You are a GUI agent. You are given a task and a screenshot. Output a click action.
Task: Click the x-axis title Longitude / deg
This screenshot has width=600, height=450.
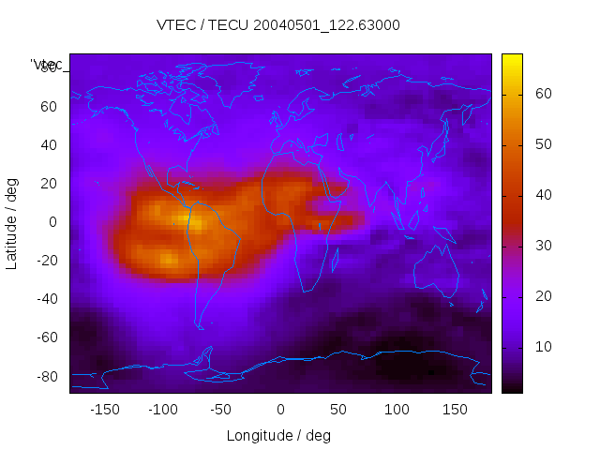click(278, 435)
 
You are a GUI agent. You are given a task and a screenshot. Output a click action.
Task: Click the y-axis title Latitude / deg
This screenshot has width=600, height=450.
click(12, 223)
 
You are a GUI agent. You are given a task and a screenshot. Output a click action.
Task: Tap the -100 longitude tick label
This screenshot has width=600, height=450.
click(162, 410)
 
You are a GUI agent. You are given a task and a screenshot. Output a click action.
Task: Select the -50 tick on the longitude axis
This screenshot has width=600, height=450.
click(221, 410)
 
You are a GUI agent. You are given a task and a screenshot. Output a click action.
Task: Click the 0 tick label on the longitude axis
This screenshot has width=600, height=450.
click(279, 410)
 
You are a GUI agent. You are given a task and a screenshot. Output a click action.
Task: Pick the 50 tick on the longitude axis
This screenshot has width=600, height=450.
click(337, 410)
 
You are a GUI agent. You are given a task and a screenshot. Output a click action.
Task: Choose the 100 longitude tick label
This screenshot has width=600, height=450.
click(396, 410)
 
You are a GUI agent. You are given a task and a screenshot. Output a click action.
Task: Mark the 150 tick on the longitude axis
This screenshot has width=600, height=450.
click(455, 410)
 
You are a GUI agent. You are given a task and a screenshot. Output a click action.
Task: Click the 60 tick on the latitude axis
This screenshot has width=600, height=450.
click(48, 106)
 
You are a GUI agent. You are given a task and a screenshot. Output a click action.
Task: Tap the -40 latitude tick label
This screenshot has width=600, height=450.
click(45, 299)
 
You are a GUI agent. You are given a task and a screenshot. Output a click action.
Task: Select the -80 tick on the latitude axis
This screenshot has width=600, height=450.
click(45, 376)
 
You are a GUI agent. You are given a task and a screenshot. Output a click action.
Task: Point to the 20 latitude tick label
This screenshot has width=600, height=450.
click(48, 183)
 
